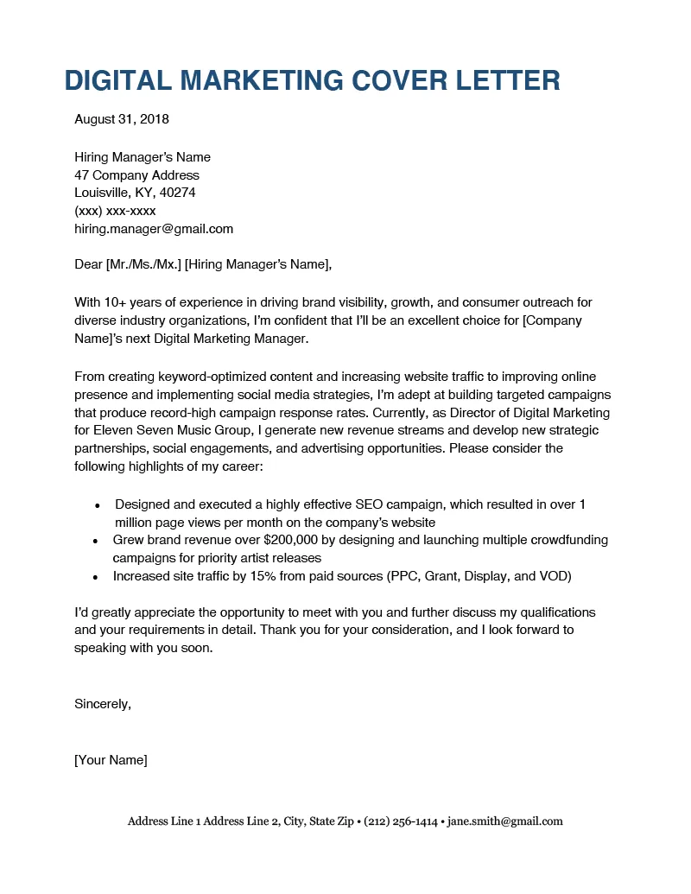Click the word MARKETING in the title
tap(249, 80)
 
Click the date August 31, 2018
tap(122, 119)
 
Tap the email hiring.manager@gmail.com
tap(154, 229)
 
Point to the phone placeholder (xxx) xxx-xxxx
tap(115, 211)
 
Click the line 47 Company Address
tap(136, 175)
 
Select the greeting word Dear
tap(88, 265)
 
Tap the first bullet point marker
tap(98, 504)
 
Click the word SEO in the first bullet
tap(360, 504)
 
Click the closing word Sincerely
tap(102, 704)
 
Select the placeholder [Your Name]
tap(111, 760)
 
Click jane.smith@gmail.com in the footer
tap(504, 821)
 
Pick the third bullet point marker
tap(98, 576)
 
